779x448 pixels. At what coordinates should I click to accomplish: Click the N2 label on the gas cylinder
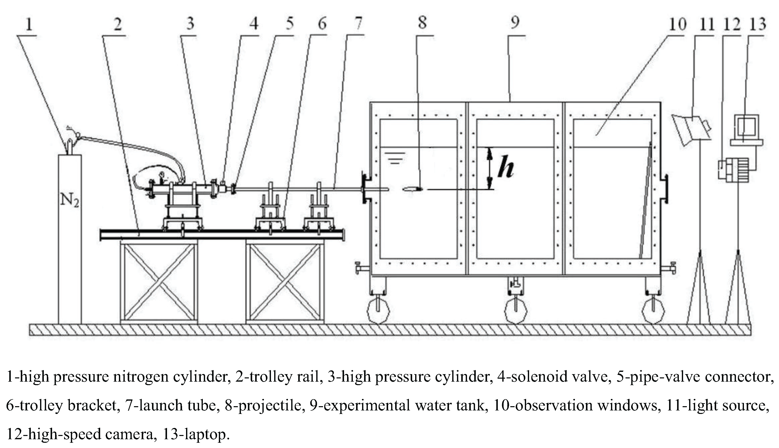tap(70, 200)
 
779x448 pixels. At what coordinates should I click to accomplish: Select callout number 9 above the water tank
tap(515, 23)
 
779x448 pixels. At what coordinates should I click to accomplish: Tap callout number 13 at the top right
tap(757, 24)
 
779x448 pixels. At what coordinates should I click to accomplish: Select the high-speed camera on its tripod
tap(733, 170)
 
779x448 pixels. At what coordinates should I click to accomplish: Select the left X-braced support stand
tap(159, 282)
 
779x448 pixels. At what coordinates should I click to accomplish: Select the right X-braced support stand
tap(285, 282)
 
